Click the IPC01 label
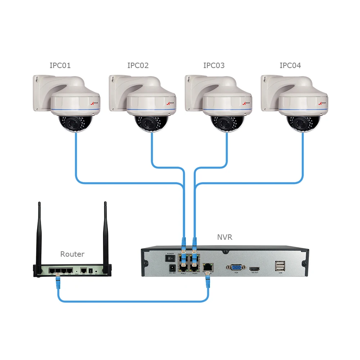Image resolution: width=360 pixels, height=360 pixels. click(60, 66)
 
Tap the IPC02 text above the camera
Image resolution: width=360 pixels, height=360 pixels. click(138, 66)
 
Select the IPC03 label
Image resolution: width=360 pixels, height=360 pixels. click(214, 66)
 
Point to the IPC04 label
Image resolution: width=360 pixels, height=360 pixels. click(290, 66)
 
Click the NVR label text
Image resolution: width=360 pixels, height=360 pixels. click(225, 237)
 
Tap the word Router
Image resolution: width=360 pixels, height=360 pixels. click(72, 254)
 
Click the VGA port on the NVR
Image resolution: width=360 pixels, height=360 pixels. click(236, 267)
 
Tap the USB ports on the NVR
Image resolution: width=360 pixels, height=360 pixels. click(280, 266)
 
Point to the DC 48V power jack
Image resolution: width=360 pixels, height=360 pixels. click(172, 268)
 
